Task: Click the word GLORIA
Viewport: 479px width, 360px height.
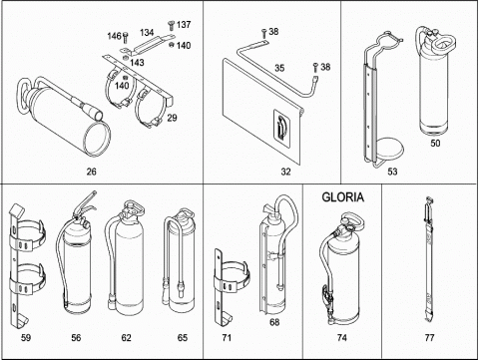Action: pos(342,197)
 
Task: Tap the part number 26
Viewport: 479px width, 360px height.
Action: pos(92,172)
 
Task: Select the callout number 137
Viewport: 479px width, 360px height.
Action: pos(184,25)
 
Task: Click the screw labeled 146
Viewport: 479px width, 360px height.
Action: pos(126,37)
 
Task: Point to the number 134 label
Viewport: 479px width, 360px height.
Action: pos(147,33)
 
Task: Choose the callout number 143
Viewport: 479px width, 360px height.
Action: pos(137,63)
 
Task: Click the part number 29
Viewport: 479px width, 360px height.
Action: pos(172,118)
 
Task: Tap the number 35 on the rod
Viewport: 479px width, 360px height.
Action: pos(279,68)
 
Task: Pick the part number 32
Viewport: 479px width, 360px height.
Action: pos(285,172)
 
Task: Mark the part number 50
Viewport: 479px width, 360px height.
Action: pos(435,143)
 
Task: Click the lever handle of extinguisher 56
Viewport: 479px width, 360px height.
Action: pos(86,203)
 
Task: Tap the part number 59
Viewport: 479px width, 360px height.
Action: pos(26,338)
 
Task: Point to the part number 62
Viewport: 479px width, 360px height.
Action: pos(126,338)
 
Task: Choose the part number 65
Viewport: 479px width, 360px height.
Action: pos(183,338)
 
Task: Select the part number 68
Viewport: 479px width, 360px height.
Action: pos(274,322)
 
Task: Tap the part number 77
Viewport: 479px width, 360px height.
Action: pos(429,338)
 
